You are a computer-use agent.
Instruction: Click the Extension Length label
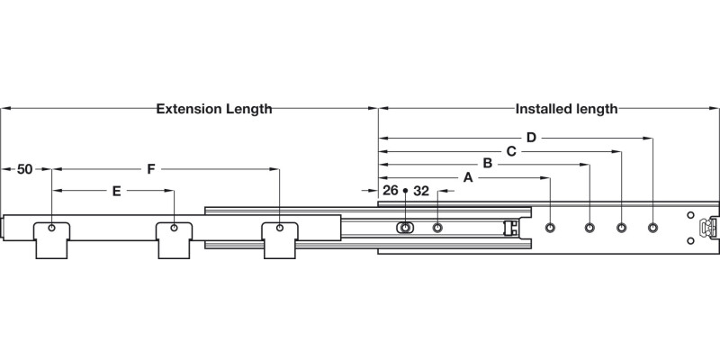214,109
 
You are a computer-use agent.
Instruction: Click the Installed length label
566,109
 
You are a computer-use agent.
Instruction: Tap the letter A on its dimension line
468,178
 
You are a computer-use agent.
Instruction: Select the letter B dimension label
487,164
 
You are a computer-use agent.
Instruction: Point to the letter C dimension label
510,151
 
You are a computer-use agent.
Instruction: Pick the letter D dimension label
531,138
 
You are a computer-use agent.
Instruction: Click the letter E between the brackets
116,191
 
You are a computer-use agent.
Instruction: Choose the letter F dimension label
151,168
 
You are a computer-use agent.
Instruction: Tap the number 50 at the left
25,169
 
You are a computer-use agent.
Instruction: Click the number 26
391,191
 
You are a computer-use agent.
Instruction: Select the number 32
421,191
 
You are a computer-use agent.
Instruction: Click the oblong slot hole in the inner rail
405,227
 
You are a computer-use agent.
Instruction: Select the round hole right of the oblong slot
437,227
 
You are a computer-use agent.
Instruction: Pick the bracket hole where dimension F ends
281,228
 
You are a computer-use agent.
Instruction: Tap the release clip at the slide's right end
710,229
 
